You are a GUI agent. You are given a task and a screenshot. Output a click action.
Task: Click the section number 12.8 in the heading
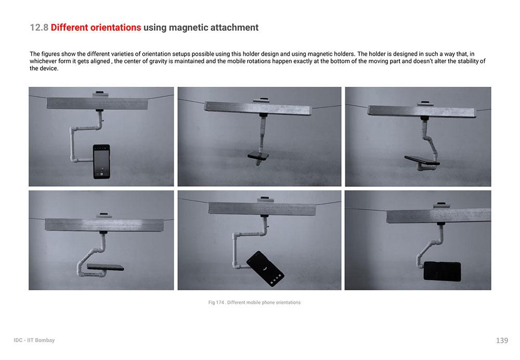39,28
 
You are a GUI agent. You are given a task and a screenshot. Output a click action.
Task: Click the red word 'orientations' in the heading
116,28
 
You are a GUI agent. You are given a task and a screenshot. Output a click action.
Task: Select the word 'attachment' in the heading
235,28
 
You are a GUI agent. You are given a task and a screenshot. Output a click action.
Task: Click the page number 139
502,340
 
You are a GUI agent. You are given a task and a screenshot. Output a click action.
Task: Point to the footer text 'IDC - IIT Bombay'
34,340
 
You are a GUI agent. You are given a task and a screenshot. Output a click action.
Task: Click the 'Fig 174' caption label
216,303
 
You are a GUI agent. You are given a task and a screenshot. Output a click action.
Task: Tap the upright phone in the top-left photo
101,162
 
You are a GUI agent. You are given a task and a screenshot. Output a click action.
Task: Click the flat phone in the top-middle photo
258,156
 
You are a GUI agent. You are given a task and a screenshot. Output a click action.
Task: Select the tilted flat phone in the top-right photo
422,160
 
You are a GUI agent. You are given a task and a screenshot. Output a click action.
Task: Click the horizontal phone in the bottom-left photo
106,267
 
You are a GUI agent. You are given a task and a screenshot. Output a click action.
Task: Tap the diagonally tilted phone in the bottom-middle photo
265,268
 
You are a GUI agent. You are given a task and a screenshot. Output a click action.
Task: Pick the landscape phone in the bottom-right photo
443,272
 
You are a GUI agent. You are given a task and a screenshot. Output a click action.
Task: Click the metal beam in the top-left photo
97,104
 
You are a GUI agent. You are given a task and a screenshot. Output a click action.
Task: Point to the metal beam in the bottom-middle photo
262,209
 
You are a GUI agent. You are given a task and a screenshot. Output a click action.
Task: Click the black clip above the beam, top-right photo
425,103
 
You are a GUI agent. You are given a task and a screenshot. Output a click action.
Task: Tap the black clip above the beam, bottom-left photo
104,214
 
